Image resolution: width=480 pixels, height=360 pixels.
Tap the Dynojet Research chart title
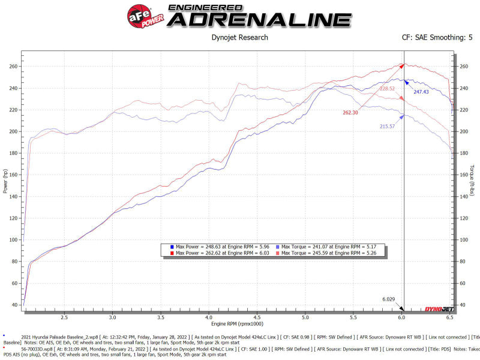point(240,37)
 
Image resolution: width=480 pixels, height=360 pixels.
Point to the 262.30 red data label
point(350,112)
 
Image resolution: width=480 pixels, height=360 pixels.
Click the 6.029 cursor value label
point(389,298)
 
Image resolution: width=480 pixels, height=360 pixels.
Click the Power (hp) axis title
point(6,181)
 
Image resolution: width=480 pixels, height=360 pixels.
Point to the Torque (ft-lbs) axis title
point(473,180)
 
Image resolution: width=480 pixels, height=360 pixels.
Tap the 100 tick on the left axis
point(14,239)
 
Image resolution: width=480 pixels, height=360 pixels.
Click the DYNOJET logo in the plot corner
point(437,308)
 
